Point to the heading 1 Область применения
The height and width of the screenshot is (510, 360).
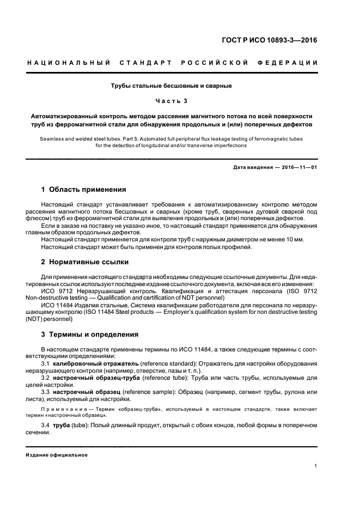tap(84, 190)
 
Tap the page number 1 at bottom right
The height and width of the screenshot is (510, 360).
tap(315, 465)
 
